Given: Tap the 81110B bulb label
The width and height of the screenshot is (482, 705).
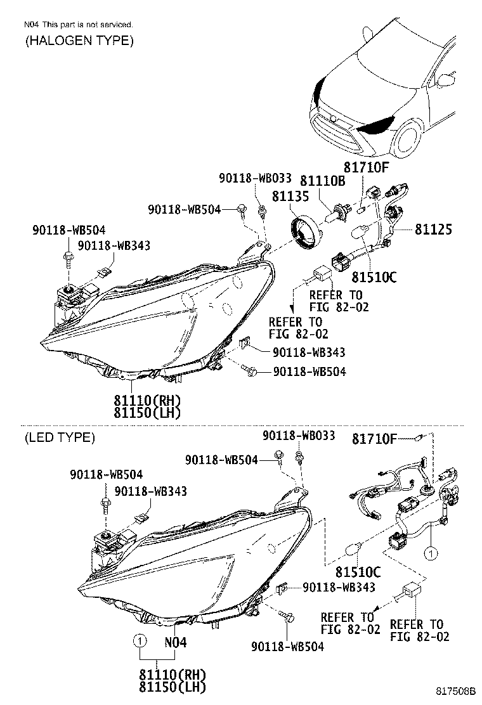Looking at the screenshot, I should point(322,182).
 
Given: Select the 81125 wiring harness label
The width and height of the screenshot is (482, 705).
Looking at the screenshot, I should point(434,229).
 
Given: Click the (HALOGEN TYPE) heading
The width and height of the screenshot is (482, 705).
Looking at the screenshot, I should point(79,41).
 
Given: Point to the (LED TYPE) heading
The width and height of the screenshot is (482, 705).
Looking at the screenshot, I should point(60,437).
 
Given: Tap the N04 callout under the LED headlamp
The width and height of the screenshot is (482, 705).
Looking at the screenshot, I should point(176,642).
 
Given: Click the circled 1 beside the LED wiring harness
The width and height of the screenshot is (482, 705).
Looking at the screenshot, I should point(431,554).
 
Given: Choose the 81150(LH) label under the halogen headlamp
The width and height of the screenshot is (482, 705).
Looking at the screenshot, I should point(148,413).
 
